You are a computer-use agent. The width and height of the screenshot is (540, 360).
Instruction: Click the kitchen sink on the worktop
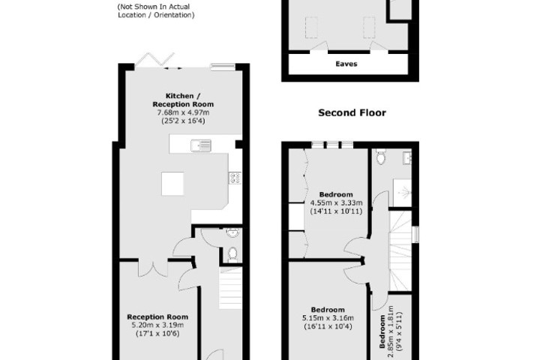[201, 145]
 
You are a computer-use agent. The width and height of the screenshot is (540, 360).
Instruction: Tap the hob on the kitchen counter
[234, 178]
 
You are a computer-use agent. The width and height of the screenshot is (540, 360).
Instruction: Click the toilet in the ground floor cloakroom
[232, 253]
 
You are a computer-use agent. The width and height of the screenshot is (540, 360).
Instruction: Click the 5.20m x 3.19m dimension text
[157, 325]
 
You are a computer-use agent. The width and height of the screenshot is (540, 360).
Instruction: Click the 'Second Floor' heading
[352, 113]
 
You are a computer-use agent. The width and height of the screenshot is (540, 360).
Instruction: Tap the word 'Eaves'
[346, 64]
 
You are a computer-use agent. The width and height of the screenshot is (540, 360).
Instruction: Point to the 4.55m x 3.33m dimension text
[337, 202]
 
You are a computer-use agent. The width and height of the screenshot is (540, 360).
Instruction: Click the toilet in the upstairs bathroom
[379, 157]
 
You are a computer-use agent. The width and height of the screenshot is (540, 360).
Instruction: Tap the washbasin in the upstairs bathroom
[407, 157]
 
